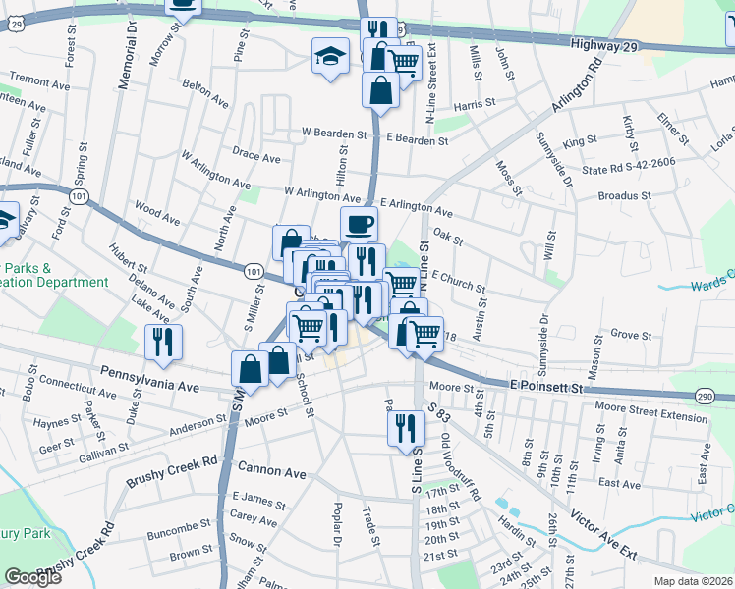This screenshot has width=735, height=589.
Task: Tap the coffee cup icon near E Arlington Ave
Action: click(x=359, y=223)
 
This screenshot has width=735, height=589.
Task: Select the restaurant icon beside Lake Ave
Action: click(x=162, y=341)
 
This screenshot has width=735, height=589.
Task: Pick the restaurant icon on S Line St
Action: click(x=404, y=427)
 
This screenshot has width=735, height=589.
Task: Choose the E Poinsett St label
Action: click(x=546, y=387)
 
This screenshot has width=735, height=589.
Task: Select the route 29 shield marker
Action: click(x=17, y=26)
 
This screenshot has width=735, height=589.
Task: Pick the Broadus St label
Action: click(x=625, y=196)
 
